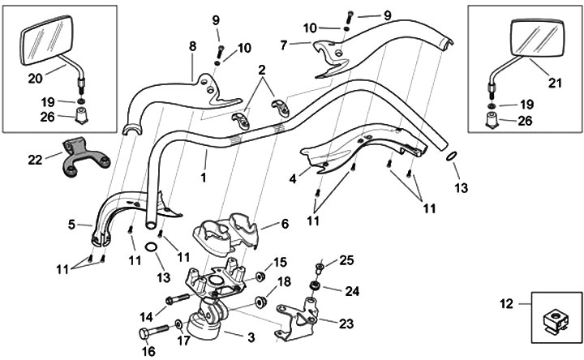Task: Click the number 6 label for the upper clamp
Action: (284, 224)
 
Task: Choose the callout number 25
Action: (347, 260)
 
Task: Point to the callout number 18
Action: (284, 281)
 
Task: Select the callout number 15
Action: (281, 262)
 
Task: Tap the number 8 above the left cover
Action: (193, 47)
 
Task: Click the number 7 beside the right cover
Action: (283, 45)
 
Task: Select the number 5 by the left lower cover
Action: (71, 223)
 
